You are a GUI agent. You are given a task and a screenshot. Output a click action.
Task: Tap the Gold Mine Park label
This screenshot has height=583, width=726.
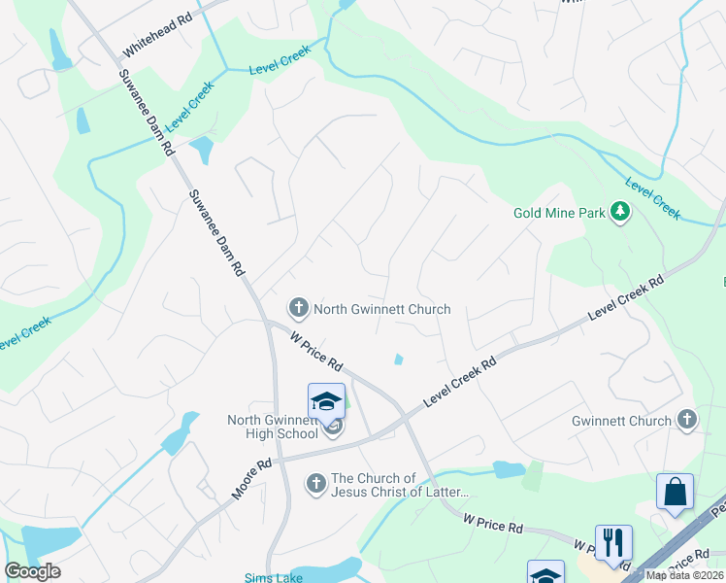[x=559, y=212]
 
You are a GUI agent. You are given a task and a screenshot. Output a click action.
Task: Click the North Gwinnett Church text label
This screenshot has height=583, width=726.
[x=382, y=309]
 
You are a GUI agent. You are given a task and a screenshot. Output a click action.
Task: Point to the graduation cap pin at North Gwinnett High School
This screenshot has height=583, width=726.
[x=326, y=400]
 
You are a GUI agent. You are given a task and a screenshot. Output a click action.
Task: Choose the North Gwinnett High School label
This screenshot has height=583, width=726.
[x=273, y=427]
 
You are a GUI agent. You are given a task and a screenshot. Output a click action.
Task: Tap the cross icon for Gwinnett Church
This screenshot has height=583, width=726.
[x=687, y=420]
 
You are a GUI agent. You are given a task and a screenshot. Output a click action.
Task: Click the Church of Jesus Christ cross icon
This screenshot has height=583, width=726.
[x=315, y=483]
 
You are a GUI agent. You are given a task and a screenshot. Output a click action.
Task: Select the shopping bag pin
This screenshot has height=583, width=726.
[x=675, y=493]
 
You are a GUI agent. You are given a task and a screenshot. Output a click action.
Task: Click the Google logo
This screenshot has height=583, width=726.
[x=32, y=571]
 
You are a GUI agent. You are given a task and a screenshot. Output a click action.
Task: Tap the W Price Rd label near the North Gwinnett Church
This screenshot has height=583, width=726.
[x=317, y=351]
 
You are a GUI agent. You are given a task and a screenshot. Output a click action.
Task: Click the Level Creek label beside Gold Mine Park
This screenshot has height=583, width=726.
[x=653, y=198]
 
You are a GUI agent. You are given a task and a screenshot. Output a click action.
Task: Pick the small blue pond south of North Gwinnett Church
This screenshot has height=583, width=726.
[x=399, y=360]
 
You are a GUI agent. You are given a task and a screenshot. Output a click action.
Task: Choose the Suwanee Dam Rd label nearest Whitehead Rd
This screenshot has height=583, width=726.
[x=146, y=114]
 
